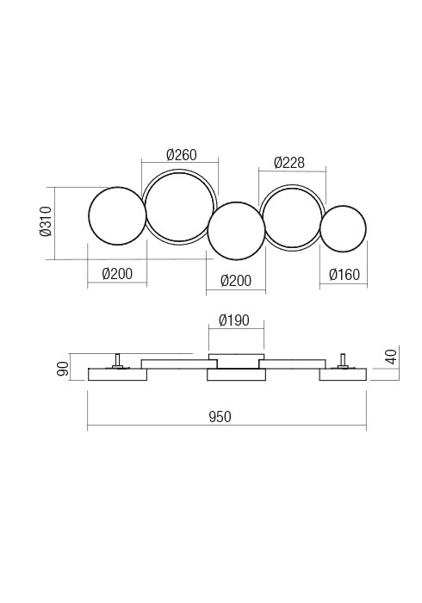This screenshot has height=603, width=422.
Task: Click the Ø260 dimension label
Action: (182, 154)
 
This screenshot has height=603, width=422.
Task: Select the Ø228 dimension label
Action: (289, 163)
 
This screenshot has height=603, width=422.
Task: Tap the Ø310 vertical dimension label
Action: (47, 221)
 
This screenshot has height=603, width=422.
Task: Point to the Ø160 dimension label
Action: (344, 275)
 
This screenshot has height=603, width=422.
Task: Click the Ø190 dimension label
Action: (234, 320)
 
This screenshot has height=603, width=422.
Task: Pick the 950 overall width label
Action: (220, 417)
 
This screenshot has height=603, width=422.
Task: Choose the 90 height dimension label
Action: (64, 369)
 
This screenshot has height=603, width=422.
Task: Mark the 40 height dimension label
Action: (391, 357)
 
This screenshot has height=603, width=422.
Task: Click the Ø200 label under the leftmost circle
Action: (117, 274)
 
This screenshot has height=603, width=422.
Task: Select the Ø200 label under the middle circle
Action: (236, 281)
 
